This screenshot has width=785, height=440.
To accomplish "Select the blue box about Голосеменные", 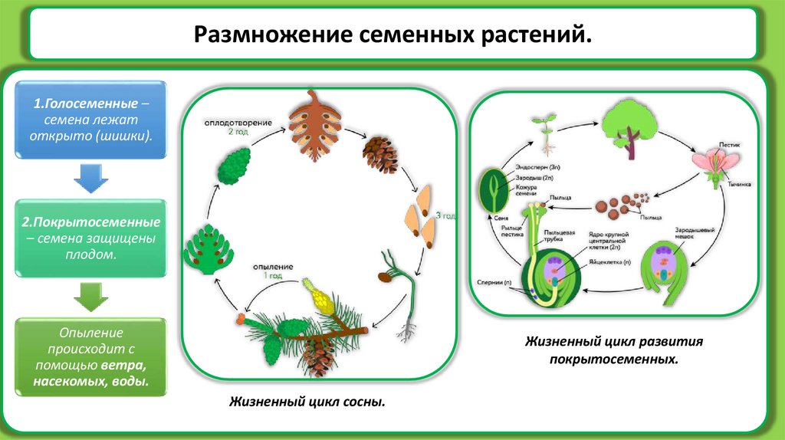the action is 91,121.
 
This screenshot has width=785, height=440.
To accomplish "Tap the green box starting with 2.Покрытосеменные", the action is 91,238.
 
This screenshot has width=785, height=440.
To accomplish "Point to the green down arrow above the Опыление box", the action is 91,296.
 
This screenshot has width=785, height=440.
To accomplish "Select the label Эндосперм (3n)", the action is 532,165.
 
